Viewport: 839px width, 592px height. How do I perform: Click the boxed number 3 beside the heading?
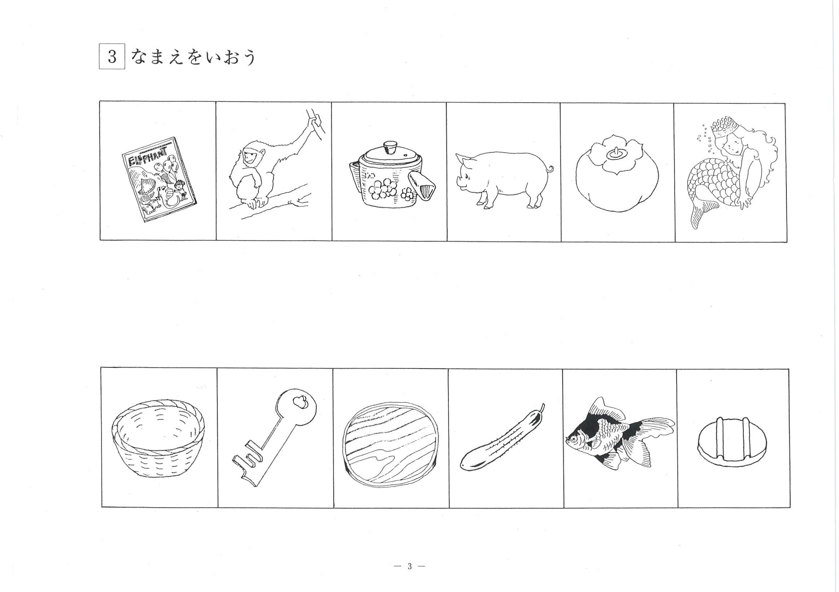coord(112,57)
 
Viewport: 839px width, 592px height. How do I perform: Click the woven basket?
coord(157,439)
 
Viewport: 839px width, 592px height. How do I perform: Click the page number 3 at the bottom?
coord(410,566)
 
